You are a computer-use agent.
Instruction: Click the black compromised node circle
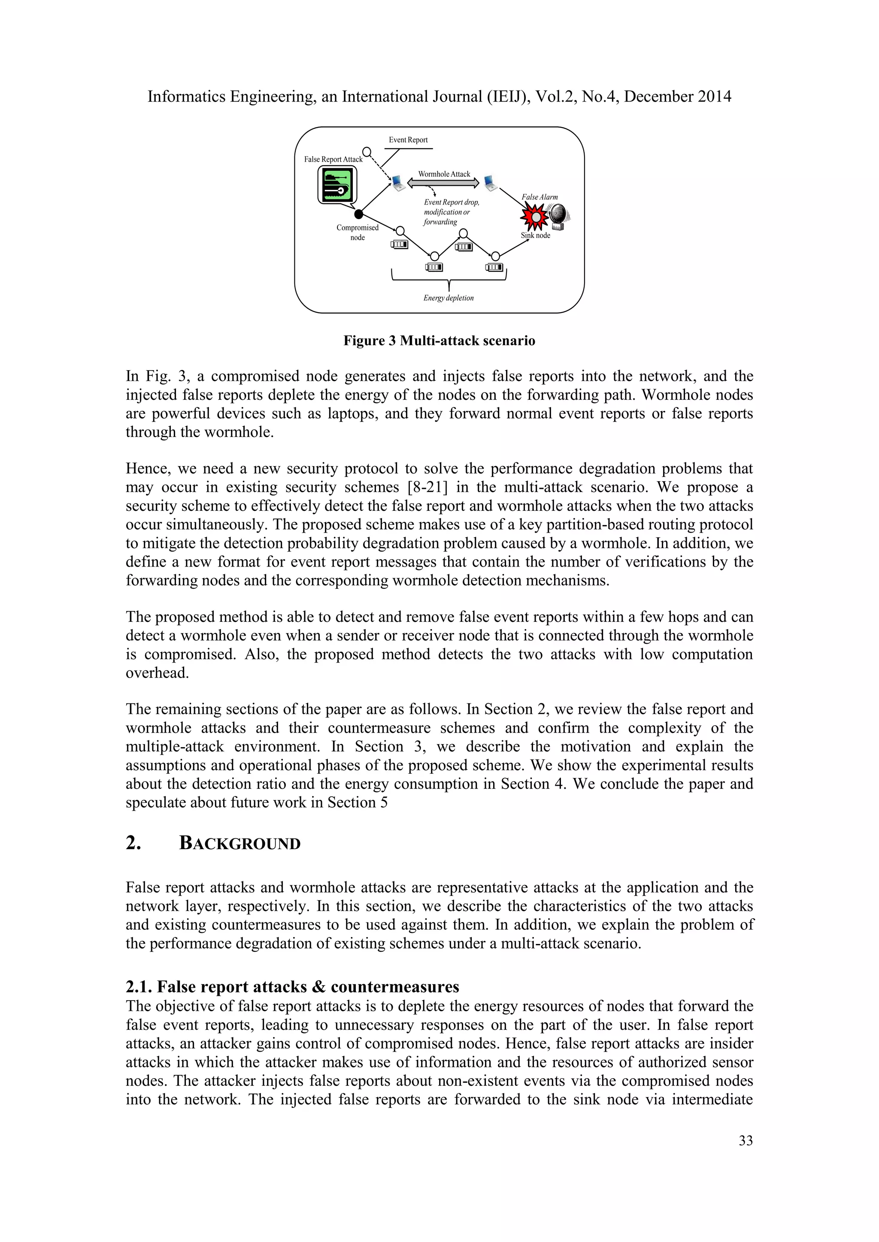(358, 214)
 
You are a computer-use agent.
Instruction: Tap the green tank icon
(337, 185)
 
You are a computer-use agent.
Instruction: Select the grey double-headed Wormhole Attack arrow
(443, 184)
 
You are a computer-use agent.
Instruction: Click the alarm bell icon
(559, 215)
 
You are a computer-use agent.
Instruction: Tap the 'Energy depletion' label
(448, 298)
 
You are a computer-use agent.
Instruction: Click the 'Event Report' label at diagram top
(408, 140)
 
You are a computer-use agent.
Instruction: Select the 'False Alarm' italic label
(540, 197)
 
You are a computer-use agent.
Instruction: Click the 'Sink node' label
(535, 235)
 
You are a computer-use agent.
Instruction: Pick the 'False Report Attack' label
(333, 160)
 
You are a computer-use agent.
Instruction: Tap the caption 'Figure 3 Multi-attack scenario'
(439, 341)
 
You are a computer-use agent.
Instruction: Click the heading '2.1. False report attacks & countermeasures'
(292, 987)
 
